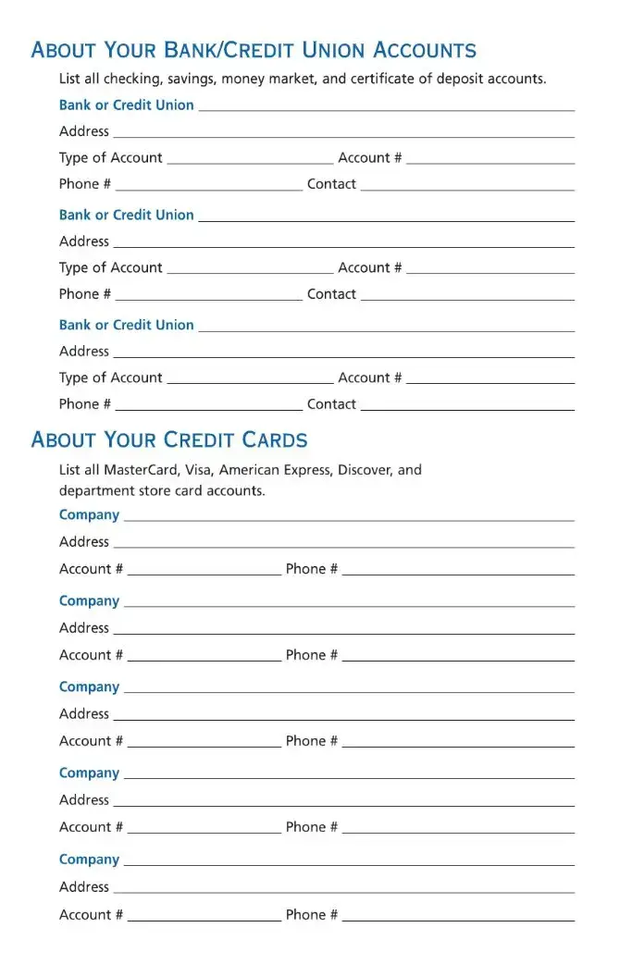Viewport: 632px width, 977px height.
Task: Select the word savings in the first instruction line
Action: tap(191, 79)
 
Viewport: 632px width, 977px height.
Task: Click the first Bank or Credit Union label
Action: tap(127, 105)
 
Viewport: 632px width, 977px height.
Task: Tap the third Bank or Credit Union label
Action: tap(127, 326)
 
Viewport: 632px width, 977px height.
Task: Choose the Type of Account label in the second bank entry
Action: tap(111, 268)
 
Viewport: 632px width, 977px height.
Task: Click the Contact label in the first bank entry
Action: tap(331, 184)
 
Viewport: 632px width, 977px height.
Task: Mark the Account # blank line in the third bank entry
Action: tap(490, 383)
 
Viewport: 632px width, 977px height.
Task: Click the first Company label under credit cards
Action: tap(89, 515)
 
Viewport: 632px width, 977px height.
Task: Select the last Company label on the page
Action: tap(89, 860)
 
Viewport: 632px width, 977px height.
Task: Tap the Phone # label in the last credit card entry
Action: tap(312, 915)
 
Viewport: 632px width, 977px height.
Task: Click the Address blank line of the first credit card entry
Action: tap(343, 547)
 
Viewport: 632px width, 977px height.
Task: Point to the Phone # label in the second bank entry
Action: tap(85, 294)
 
